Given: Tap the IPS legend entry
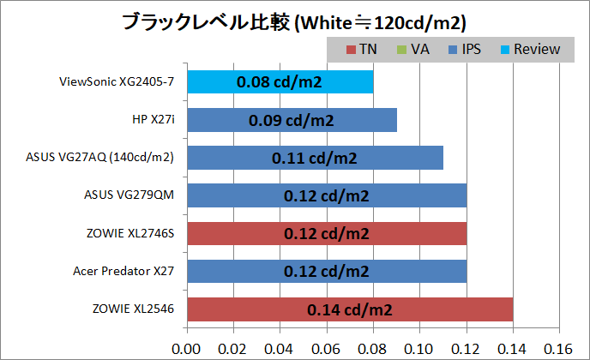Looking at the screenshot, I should pyautogui.click(x=463, y=49).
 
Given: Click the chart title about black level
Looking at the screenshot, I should pyautogui.click(x=295, y=20).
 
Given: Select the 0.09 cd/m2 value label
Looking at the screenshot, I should pyautogui.click(x=292, y=120).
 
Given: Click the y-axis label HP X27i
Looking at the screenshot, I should pyautogui.click(x=154, y=120).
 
